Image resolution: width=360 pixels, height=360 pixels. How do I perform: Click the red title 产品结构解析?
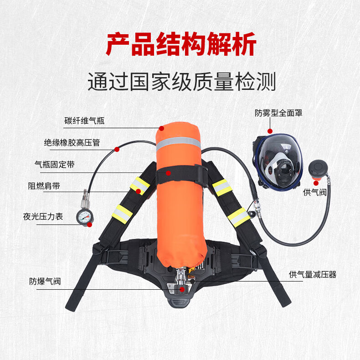click(x=181, y=44)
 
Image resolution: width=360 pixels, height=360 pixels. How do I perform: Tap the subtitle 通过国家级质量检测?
click(x=182, y=82)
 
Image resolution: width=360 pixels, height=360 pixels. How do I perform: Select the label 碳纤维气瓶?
click(x=84, y=121)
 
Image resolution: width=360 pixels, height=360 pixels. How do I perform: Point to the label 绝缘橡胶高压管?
click(x=72, y=143)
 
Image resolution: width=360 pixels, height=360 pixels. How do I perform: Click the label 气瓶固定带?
click(x=55, y=165)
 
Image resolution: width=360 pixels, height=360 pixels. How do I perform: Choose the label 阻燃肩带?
click(x=44, y=186)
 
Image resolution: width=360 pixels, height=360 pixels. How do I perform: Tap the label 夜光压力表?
click(x=43, y=217)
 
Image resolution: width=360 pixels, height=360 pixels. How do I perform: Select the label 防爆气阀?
click(x=45, y=282)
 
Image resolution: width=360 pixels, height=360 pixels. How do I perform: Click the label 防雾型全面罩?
click(x=278, y=113)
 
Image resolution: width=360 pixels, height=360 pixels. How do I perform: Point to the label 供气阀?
click(x=315, y=192)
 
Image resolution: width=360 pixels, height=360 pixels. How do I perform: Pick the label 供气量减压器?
click(x=313, y=275)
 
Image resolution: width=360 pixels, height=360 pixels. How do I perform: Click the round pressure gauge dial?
click(x=84, y=217)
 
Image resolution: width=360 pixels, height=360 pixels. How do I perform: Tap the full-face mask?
click(x=278, y=162)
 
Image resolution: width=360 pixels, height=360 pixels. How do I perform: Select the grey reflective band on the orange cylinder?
click(x=178, y=143)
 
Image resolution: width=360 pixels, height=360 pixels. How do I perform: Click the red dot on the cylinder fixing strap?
click(x=169, y=173)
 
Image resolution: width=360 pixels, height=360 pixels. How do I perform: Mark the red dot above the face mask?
click(x=270, y=131)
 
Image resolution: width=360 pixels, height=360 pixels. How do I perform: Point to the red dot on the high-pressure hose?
click(x=117, y=149)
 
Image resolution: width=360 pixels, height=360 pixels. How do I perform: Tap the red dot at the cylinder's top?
click(x=162, y=128)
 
